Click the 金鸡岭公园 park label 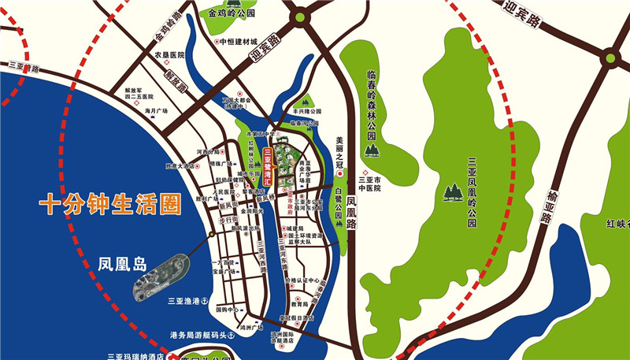[x=232, y=13]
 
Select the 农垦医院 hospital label [x=169, y=55]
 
